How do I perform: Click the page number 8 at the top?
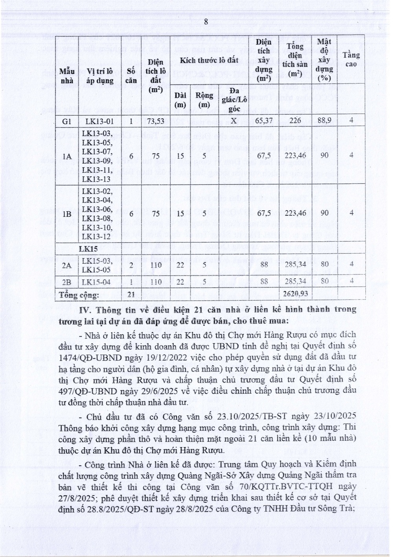point(206,22)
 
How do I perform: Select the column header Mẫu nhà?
point(66,76)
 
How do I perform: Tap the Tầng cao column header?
point(351,60)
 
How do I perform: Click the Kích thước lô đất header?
point(209,61)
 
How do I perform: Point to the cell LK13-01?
point(99,121)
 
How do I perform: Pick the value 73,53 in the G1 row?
point(156,121)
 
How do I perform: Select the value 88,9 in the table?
point(324,121)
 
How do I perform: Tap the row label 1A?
point(67,156)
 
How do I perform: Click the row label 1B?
point(67,213)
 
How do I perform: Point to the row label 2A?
point(67,265)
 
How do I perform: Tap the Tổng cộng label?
point(79,294)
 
